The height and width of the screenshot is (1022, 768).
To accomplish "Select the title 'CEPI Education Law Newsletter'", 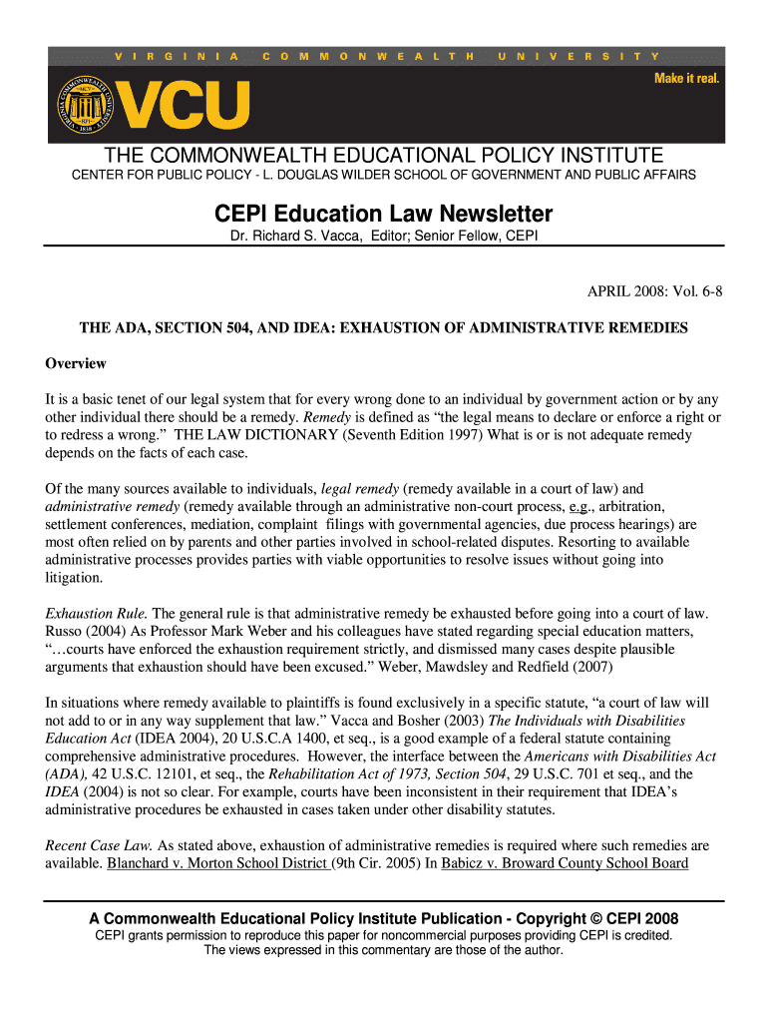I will click(384, 214).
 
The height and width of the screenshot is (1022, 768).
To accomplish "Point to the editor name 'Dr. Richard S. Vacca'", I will click(283, 237).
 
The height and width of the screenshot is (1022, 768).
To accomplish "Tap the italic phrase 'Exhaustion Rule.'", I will click(96, 613).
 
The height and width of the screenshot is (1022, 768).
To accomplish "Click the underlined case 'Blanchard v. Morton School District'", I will click(218, 863).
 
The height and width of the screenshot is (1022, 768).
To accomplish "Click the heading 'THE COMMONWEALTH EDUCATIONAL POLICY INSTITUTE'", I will click(384, 156).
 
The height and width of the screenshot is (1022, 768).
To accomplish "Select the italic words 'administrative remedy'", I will click(111, 507).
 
